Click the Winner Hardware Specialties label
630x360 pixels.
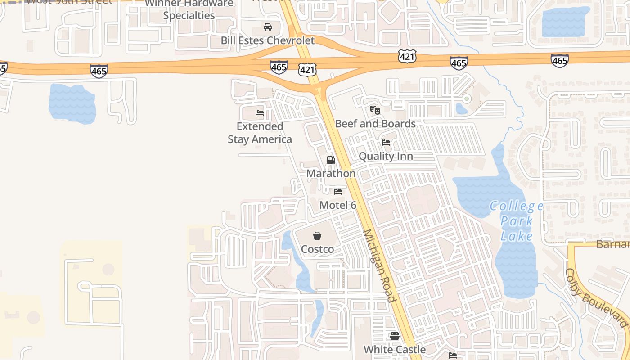click(x=189, y=10)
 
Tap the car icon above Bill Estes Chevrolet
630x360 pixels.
click(x=268, y=27)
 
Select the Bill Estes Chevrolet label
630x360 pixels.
click(x=268, y=40)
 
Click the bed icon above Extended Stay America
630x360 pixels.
click(x=260, y=113)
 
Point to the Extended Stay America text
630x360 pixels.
click(x=260, y=133)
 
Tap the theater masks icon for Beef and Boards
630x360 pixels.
click(x=375, y=110)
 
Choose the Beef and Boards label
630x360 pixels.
click(x=375, y=124)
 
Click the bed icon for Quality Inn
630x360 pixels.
click(x=386, y=143)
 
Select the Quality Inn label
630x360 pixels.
click(x=386, y=157)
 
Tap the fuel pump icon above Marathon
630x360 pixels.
click(x=331, y=160)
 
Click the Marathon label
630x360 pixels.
click(x=331, y=174)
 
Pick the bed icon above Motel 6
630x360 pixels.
click(x=338, y=192)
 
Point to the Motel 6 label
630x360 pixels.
click(x=338, y=205)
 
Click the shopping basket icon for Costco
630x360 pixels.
click(x=317, y=236)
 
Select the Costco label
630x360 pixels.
click(x=317, y=249)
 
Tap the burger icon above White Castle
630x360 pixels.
click(x=395, y=336)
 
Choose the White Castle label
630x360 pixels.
click(x=395, y=349)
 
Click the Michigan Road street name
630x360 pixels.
click(x=379, y=265)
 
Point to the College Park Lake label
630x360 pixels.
click(x=517, y=221)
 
